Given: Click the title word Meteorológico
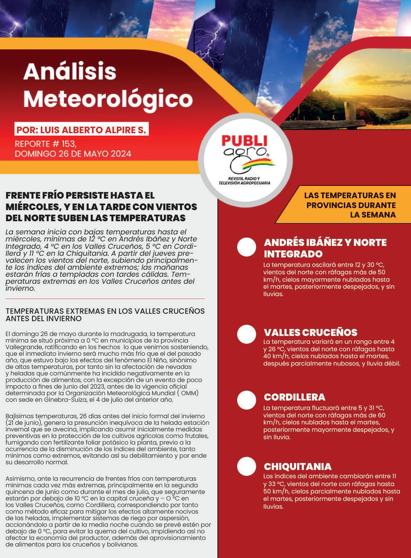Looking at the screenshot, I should (108, 98).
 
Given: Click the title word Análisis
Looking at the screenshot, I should (70, 72).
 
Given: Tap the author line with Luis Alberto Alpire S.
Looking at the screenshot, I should (81, 130).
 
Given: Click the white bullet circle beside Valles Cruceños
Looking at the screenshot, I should (247, 334).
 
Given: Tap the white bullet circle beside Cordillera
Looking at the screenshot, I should (247, 400).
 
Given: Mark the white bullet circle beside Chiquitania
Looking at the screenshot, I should (247, 466).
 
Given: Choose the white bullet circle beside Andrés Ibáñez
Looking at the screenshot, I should (247, 246).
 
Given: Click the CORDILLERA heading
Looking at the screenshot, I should (294, 397).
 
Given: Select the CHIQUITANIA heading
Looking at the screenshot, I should (298, 467).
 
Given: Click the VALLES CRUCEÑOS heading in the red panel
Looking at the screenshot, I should (310, 332).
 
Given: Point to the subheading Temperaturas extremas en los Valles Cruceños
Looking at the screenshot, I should (105, 315).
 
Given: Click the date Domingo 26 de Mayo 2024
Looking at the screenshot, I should (73, 154).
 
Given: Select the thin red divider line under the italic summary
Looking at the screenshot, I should (105, 299).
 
